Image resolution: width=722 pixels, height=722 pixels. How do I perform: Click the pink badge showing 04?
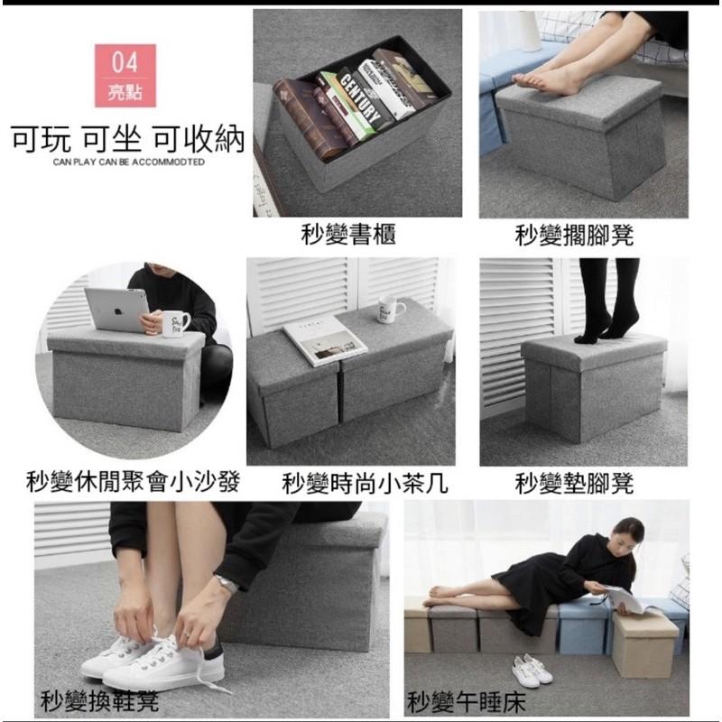125,76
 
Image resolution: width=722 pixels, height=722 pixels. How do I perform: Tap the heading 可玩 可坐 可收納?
127,140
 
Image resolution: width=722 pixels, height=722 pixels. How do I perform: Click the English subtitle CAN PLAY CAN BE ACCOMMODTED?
128,162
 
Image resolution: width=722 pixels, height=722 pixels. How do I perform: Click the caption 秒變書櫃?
347,236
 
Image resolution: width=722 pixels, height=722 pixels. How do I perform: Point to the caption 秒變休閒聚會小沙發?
133,483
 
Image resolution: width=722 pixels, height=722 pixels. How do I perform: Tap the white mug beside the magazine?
391,309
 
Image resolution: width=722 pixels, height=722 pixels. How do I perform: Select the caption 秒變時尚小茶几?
365,483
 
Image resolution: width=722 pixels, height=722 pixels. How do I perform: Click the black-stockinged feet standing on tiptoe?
605,320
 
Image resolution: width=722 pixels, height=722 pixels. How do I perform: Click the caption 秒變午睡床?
466,700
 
